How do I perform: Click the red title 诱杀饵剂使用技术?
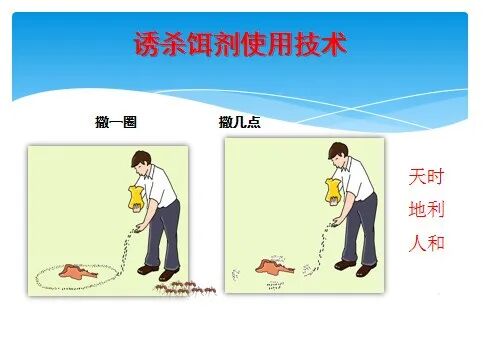(x=240, y=45)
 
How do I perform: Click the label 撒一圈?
(x=116, y=122)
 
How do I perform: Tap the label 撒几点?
(x=239, y=122)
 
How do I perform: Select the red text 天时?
(x=427, y=177)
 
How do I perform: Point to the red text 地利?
(x=427, y=209)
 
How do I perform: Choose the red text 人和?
(x=427, y=243)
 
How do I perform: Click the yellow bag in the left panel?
(x=136, y=198)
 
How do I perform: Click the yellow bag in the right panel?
(x=333, y=190)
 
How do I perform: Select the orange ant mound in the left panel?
(x=77, y=271)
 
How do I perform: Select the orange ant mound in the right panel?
(x=274, y=267)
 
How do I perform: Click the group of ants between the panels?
(x=185, y=288)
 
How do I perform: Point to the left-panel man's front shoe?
(x=148, y=269)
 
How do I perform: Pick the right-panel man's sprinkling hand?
(x=337, y=221)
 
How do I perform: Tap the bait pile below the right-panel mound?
(x=274, y=285)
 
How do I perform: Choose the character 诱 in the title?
(x=147, y=45)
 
